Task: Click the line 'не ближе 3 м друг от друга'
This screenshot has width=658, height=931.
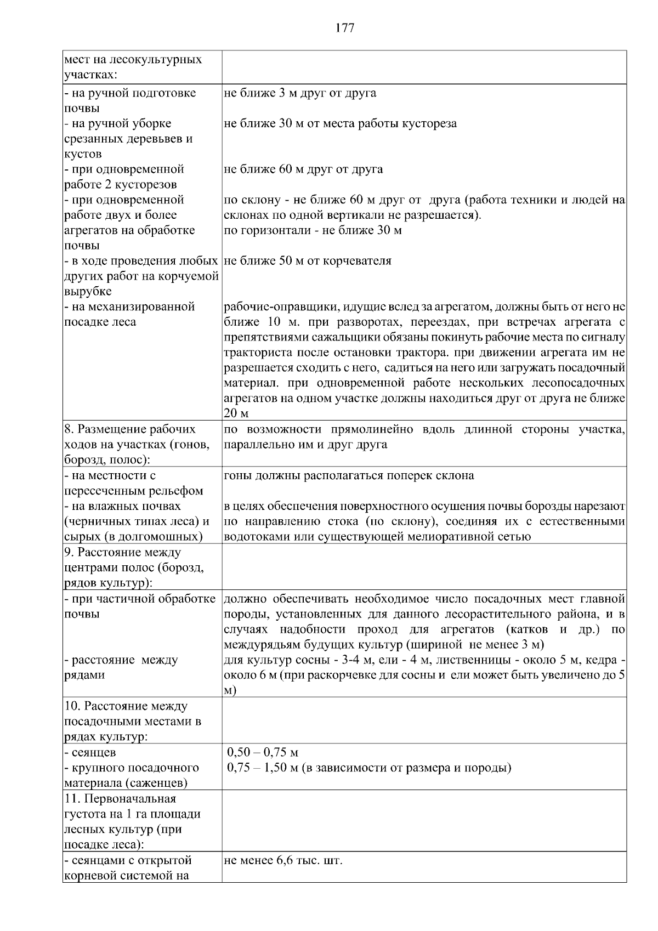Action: coord(300,93)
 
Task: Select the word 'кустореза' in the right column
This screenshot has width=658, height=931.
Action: coord(430,123)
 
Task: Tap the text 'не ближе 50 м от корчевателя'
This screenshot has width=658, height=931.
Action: coord(308,261)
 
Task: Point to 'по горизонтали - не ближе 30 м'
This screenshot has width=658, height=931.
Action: coord(313,230)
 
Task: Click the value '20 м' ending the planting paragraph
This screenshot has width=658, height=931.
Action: coord(236,413)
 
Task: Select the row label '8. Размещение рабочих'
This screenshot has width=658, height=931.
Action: coord(129,429)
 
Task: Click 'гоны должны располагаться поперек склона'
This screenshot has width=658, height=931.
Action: coord(349,476)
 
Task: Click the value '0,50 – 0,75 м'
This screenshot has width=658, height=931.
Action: coord(263,753)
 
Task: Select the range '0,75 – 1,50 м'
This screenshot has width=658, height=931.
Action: coord(263,768)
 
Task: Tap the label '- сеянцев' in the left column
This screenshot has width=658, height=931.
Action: coord(90,753)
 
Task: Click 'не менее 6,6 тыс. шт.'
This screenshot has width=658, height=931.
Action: coord(283,860)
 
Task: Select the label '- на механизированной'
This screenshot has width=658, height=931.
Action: coord(129,307)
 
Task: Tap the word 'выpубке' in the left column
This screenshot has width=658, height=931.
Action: coord(87,291)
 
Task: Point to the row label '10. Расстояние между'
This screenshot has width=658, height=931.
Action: coord(126,706)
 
